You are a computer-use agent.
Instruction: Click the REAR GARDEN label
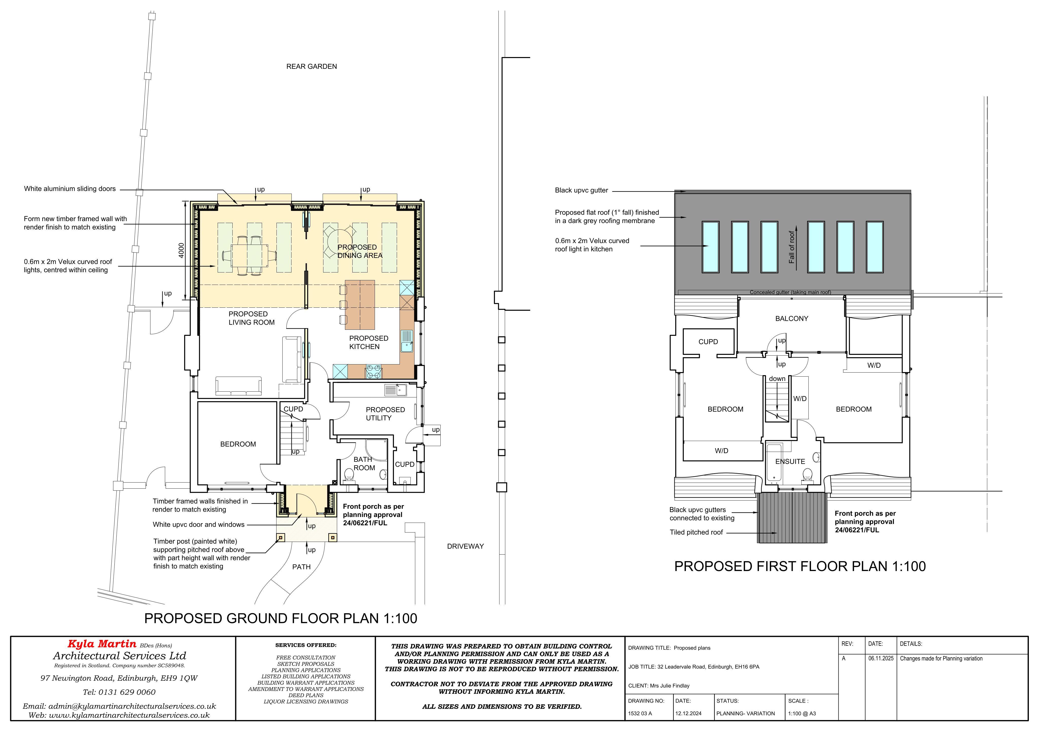311,66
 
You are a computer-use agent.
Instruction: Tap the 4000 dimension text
181,251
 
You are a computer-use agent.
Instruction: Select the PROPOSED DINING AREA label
360,251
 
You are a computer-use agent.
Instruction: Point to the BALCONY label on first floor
791,318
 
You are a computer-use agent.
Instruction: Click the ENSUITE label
790,461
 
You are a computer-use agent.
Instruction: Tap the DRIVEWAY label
465,546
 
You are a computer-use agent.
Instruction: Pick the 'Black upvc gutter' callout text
581,190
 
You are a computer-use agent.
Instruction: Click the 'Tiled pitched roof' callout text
696,532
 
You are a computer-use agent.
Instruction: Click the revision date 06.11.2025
881,658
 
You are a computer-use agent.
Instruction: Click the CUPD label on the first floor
708,342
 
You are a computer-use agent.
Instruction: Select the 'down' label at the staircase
777,379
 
